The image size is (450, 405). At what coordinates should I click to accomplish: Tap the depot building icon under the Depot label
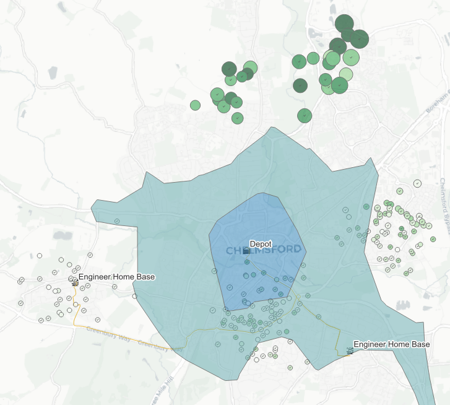point(247,251)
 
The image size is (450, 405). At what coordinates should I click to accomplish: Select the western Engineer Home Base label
point(116,277)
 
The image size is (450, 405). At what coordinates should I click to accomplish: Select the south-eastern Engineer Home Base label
point(391,344)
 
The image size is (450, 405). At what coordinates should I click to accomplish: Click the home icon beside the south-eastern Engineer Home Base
point(350,351)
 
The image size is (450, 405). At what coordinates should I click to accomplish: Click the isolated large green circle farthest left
point(196,105)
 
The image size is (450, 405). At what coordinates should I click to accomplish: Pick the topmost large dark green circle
point(344,24)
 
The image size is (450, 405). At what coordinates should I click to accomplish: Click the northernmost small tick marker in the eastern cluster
point(418,183)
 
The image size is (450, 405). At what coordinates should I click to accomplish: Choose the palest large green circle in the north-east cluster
point(346,74)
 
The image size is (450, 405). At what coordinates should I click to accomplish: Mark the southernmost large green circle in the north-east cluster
point(304,115)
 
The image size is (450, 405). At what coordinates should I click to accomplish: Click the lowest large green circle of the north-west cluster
point(237,117)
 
